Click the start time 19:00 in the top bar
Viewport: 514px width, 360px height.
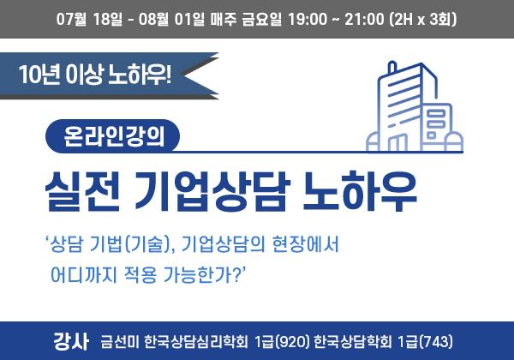pos(308,20)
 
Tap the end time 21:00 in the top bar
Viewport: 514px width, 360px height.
pos(364,20)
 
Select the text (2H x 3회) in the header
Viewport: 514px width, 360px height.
pos(423,20)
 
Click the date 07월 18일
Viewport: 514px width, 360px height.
pos(89,20)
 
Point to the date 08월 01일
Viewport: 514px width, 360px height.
pos(171,20)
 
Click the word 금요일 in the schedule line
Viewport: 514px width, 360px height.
pos(261,20)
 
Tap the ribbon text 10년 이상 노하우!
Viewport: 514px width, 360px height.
pos(95,75)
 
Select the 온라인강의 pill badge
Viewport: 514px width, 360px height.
pos(112,136)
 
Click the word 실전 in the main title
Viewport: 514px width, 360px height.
pos(82,191)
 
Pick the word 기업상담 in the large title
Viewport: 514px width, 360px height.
pos(212,191)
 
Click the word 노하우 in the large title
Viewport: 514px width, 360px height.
pos(359,191)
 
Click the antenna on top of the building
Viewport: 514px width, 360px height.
pos(391,67)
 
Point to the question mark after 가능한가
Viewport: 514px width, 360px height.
pos(236,274)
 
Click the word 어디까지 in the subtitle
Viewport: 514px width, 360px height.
pos(84,274)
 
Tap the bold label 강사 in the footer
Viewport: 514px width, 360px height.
pos(71,342)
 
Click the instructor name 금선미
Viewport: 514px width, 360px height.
pos(120,342)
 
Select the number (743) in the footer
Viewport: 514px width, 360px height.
pos(436,342)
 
